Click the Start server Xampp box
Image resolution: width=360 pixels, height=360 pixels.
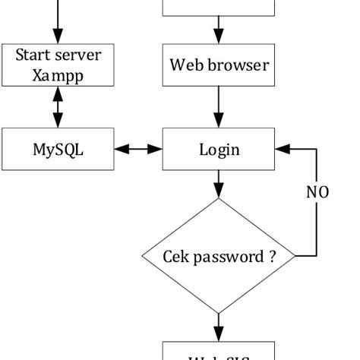(58, 65)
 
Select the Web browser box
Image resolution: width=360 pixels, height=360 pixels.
(218, 65)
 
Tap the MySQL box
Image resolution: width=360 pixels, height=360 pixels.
(58, 149)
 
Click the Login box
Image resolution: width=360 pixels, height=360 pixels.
(218, 149)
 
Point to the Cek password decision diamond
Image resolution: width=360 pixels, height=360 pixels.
(218, 256)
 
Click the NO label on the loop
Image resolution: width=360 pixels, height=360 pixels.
(317, 192)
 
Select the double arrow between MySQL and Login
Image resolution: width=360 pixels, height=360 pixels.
(139, 149)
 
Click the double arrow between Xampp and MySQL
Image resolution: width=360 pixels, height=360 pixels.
(58, 107)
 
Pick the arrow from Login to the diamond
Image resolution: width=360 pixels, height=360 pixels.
(219, 185)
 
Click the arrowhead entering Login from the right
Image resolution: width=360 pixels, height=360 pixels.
(281, 149)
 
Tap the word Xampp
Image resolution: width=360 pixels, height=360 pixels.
(58, 76)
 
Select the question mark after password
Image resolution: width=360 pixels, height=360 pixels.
(271, 256)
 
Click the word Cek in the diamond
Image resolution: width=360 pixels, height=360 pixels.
(176, 256)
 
